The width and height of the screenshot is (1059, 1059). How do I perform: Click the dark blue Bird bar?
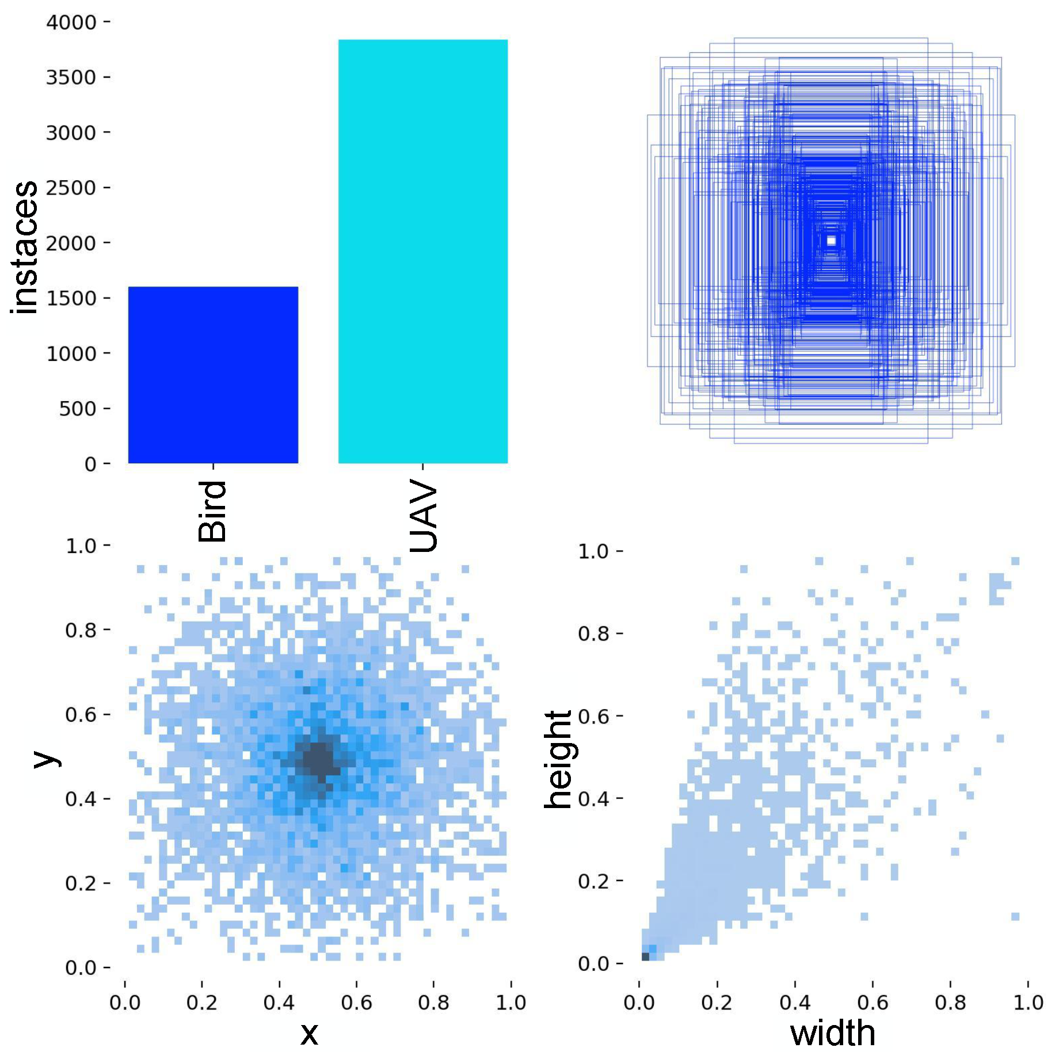point(213,375)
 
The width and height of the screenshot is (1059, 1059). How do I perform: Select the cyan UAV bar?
point(422,252)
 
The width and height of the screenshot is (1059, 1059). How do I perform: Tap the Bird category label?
point(212,511)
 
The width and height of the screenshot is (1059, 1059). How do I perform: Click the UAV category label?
point(424,516)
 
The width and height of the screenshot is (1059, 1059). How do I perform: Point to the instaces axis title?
point(24,247)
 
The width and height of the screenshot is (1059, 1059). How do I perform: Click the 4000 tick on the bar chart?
point(71,22)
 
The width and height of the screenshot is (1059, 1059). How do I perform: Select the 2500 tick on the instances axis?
point(71,188)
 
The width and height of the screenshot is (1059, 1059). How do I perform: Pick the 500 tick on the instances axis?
point(77,409)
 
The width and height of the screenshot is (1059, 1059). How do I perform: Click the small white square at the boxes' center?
point(831,241)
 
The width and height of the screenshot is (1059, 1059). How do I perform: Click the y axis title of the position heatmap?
point(46,759)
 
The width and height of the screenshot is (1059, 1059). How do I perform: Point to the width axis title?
point(832,1033)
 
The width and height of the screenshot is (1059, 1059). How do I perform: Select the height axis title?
point(558,759)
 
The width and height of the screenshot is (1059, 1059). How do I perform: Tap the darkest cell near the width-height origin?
point(645,956)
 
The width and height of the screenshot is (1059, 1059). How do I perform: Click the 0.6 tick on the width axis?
point(873,1003)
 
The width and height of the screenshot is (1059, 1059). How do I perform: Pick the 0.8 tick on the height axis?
point(593,634)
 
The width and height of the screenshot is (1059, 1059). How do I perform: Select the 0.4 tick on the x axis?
point(279,1003)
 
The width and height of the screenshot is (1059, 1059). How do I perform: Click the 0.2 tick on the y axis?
point(81,883)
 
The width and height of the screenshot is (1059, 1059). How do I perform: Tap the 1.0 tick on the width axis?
point(1028,1003)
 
